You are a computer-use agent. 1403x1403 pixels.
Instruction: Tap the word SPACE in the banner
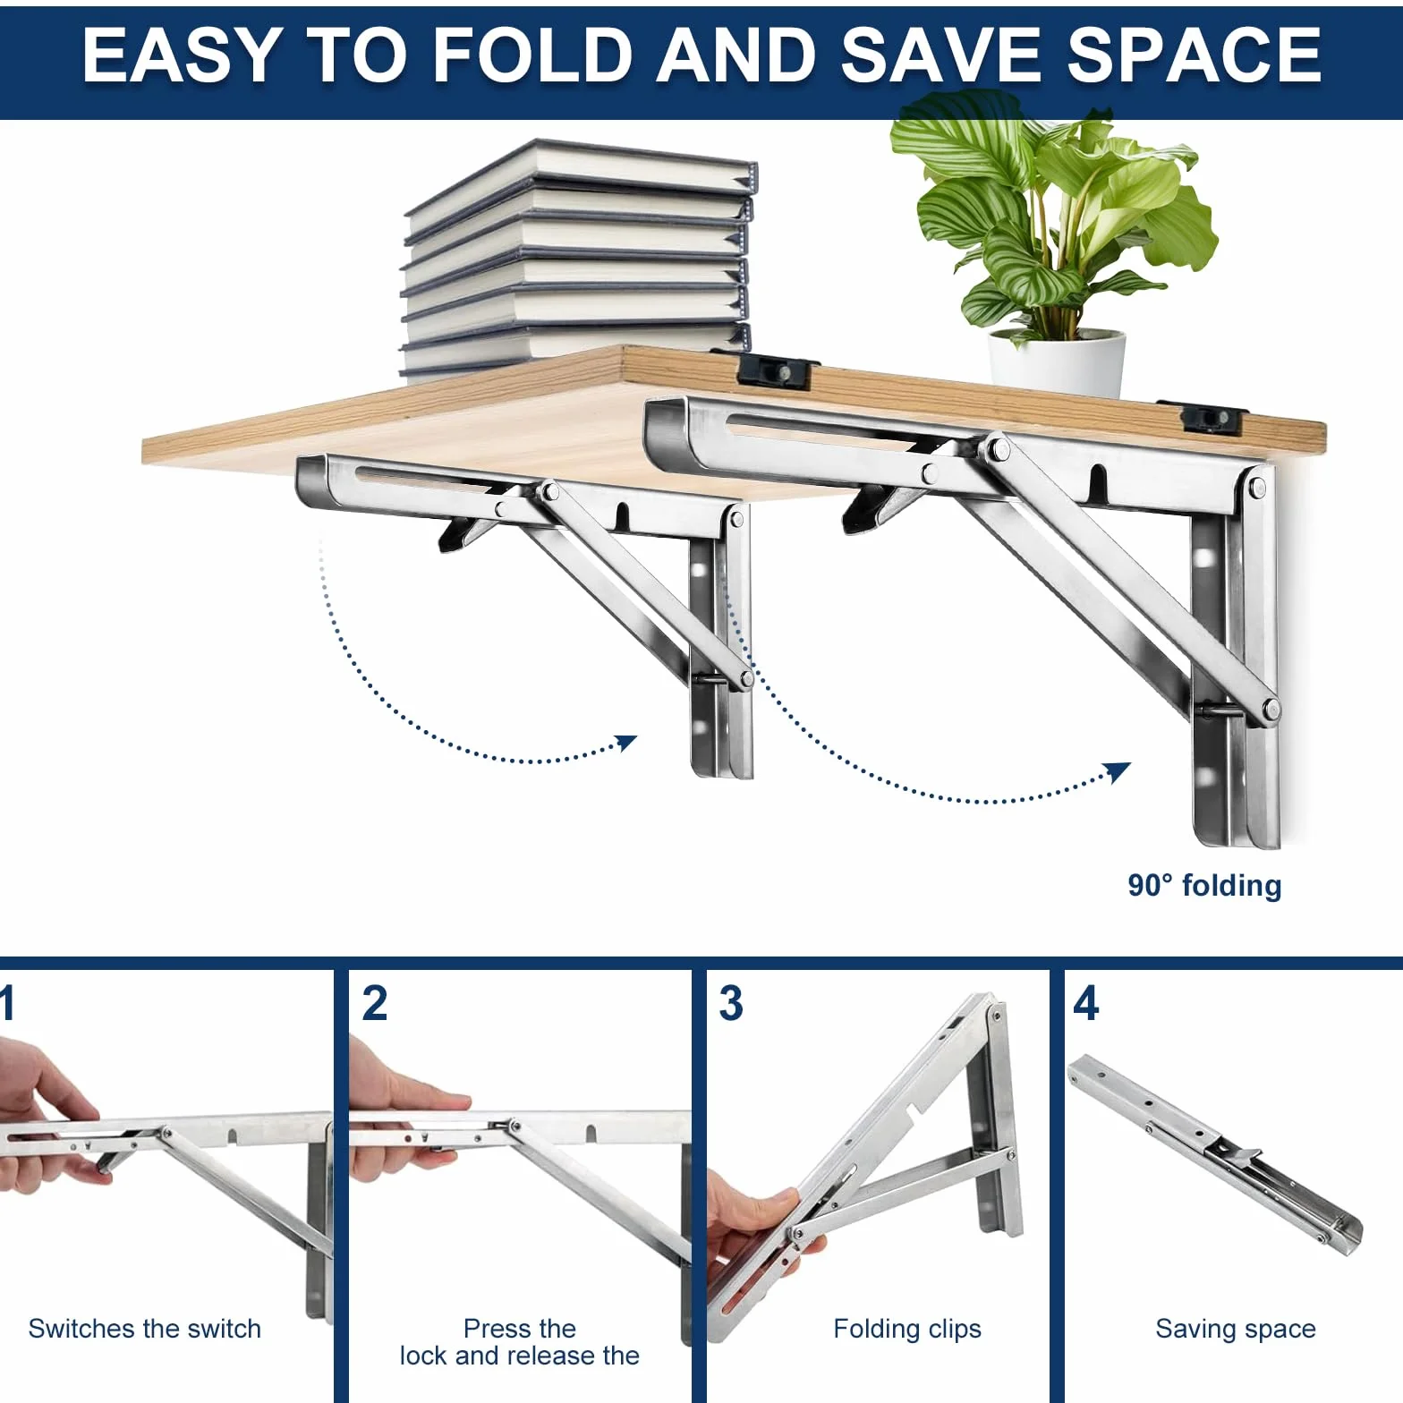(x=1194, y=55)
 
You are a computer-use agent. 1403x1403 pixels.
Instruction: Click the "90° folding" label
(x=1204, y=885)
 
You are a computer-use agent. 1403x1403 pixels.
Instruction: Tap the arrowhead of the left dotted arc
(x=626, y=743)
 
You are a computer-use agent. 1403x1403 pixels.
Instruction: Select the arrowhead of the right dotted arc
(x=1118, y=771)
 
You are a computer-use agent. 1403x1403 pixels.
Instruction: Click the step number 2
(x=375, y=1003)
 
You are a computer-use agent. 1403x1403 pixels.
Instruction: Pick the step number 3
(x=731, y=1003)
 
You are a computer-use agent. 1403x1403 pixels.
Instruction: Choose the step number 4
(x=1085, y=1003)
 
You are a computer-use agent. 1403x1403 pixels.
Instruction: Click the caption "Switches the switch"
(x=145, y=1329)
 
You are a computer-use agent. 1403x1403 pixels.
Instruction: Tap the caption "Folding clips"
(x=907, y=1330)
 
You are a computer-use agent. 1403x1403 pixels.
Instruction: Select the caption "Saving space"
(x=1236, y=1330)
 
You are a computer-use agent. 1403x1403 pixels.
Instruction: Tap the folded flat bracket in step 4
(x=1214, y=1154)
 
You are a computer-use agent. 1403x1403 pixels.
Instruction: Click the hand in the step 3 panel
(x=752, y=1239)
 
